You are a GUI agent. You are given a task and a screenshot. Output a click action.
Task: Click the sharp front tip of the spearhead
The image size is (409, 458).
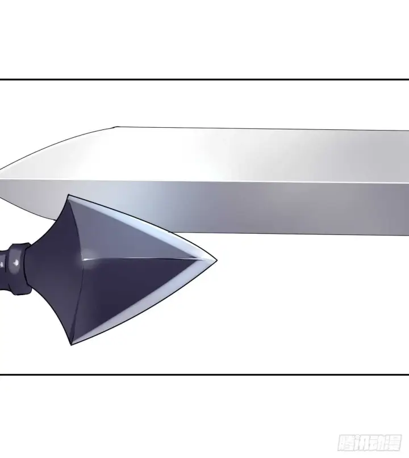[216, 260]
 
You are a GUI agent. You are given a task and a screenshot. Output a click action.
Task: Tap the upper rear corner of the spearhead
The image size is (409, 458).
[68, 195]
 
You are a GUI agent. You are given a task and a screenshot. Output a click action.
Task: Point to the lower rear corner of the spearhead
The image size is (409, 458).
[71, 344]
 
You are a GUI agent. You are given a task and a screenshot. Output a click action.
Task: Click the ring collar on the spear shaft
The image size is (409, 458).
[19, 268]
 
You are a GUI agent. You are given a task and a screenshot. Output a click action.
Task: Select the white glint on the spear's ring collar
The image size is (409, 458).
[16, 263]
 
